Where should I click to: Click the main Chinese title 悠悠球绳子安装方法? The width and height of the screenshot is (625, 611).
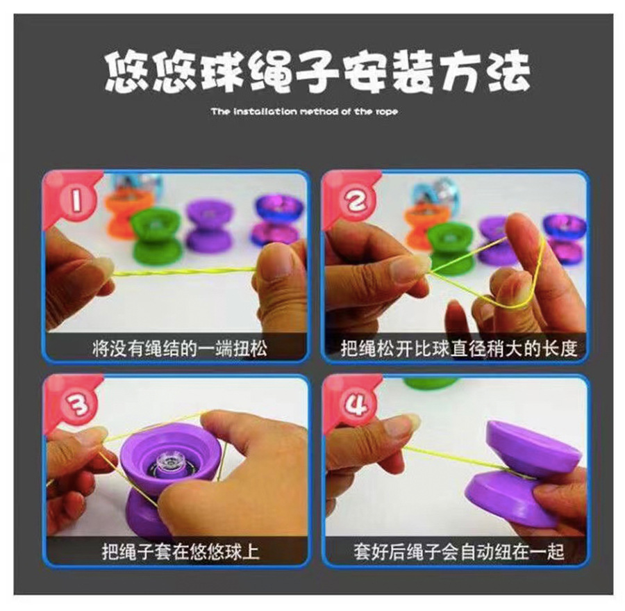(x=317, y=72)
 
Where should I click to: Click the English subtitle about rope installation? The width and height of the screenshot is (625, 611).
(x=304, y=111)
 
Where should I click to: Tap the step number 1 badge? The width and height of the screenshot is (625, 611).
(x=74, y=202)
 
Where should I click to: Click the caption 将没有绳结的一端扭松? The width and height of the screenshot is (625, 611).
(x=179, y=348)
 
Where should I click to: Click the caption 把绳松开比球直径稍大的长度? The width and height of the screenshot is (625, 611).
(x=458, y=348)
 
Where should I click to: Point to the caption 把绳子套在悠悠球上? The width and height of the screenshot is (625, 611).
(x=181, y=552)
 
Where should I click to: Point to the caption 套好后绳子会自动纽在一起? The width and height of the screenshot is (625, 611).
(x=458, y=552)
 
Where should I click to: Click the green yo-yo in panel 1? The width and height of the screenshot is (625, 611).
(x=156, y=236)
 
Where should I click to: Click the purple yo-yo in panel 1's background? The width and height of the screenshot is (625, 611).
(x=209, y=226)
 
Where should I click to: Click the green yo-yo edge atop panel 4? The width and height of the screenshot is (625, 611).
(x=431, y=382)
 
